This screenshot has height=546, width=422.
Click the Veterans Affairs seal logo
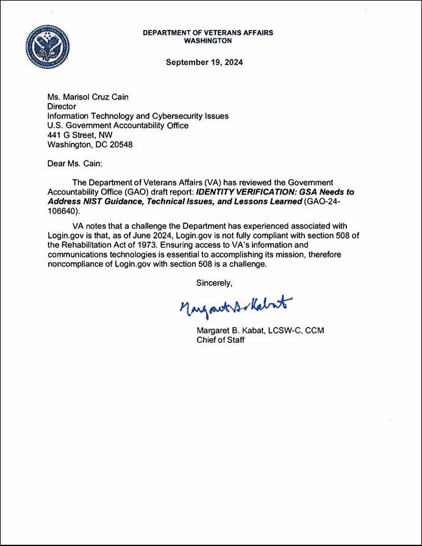(48, 46)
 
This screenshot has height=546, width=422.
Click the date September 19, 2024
(204, 62)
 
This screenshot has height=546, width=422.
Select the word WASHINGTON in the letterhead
(207, 41)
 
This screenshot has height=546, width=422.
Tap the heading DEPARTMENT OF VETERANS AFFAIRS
(207, 32)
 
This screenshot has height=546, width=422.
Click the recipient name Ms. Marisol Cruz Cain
(89, 96)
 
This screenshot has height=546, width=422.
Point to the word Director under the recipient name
(62, 106)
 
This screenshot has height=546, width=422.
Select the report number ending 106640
(63, 211)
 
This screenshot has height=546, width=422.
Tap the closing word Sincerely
(214, 283)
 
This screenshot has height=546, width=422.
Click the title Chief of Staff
(220, 340)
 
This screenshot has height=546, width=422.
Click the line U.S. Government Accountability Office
(118, 126)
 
